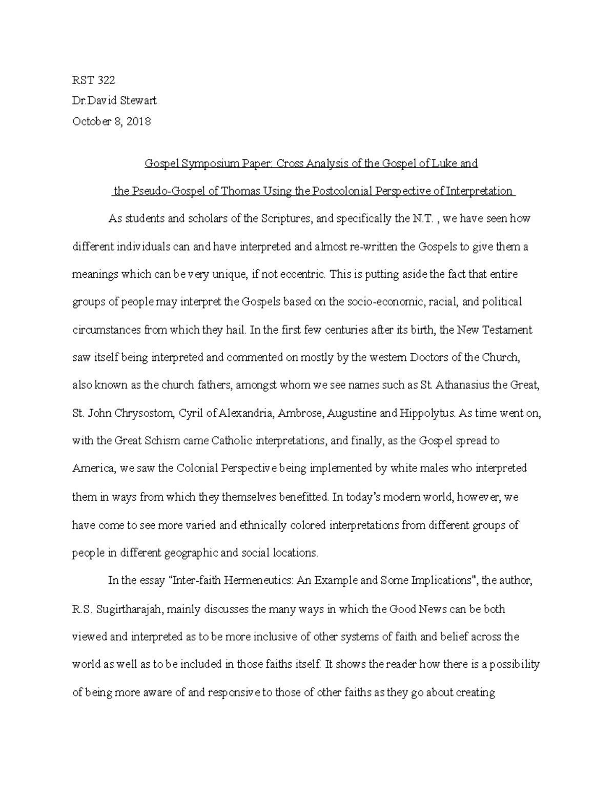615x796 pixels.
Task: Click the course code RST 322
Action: [x=94, y=80]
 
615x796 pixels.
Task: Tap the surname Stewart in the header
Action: [x=138, y=100]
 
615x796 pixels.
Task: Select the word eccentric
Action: [x=301, y=274]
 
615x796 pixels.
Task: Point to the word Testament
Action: [x=506, y=330]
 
